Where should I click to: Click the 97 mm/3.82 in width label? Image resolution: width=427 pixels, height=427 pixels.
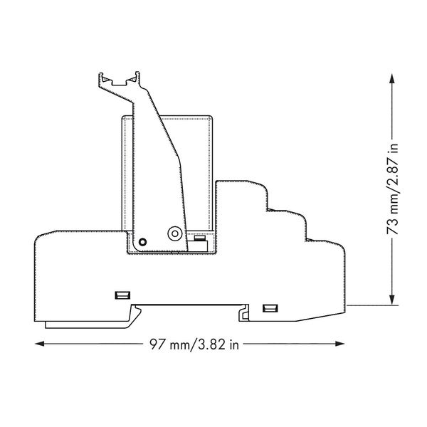194,344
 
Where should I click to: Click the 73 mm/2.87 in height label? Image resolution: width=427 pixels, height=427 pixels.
392,189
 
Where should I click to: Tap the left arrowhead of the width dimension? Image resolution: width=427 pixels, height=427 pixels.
39,344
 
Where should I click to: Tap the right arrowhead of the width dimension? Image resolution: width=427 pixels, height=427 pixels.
340,344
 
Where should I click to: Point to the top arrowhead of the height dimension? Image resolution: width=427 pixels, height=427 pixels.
392,78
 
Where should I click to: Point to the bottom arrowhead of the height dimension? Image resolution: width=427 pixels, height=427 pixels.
392,300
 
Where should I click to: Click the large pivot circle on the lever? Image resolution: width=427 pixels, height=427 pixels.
175,233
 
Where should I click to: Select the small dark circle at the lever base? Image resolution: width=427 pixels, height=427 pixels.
142,242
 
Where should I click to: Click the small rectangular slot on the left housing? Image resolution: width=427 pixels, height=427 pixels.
122,295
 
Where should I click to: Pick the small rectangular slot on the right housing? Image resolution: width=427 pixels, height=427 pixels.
270,308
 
